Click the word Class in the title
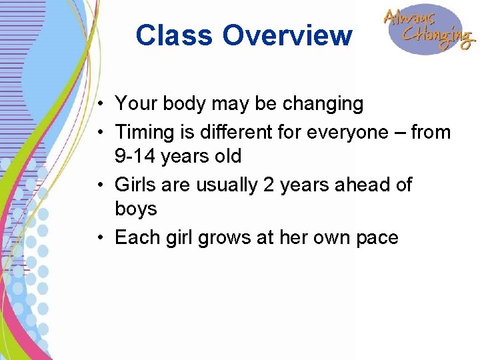[175, 35]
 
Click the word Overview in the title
[287, 35]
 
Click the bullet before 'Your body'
[98, 105]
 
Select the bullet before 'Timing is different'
[98, 133]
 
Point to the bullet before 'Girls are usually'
[98, 185]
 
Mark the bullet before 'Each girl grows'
[98, 237]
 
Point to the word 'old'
[227, 157]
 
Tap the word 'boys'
[136, 209]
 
